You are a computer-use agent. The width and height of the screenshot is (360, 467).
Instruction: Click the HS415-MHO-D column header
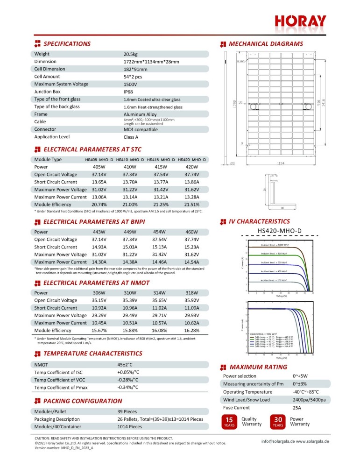(x=161, y=160)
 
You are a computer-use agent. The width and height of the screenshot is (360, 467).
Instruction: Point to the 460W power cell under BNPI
(x=191, y=232)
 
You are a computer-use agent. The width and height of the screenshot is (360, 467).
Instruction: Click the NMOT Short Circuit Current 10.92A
(x=99, y=308)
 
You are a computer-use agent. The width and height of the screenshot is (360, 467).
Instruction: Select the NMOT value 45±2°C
(x=125, y=365)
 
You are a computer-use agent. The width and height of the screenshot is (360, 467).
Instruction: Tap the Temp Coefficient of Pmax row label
(x=60, y=388)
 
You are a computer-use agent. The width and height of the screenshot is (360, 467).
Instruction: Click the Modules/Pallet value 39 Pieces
(x=130, y=412)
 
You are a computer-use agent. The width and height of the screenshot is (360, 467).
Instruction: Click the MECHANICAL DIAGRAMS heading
(x=266, y=44)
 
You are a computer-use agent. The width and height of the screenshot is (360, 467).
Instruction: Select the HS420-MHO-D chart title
(x=280, y=230)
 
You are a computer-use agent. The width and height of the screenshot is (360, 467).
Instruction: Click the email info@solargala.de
(x=277, y=441)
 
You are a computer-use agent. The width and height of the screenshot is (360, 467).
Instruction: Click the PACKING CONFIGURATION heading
(x=83, y=401)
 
